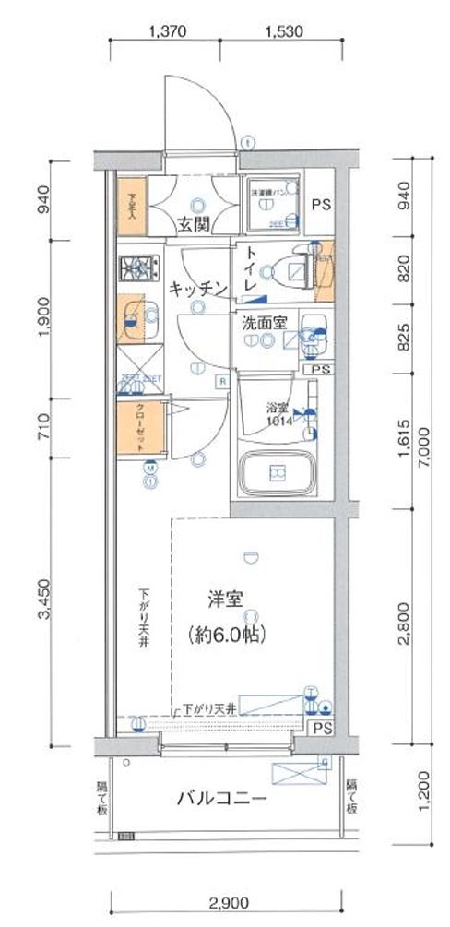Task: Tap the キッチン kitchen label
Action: click(197, 289)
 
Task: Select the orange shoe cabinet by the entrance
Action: click(132, 202)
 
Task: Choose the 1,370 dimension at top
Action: click(167, 30)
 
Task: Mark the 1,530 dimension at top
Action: click(283, 30)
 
